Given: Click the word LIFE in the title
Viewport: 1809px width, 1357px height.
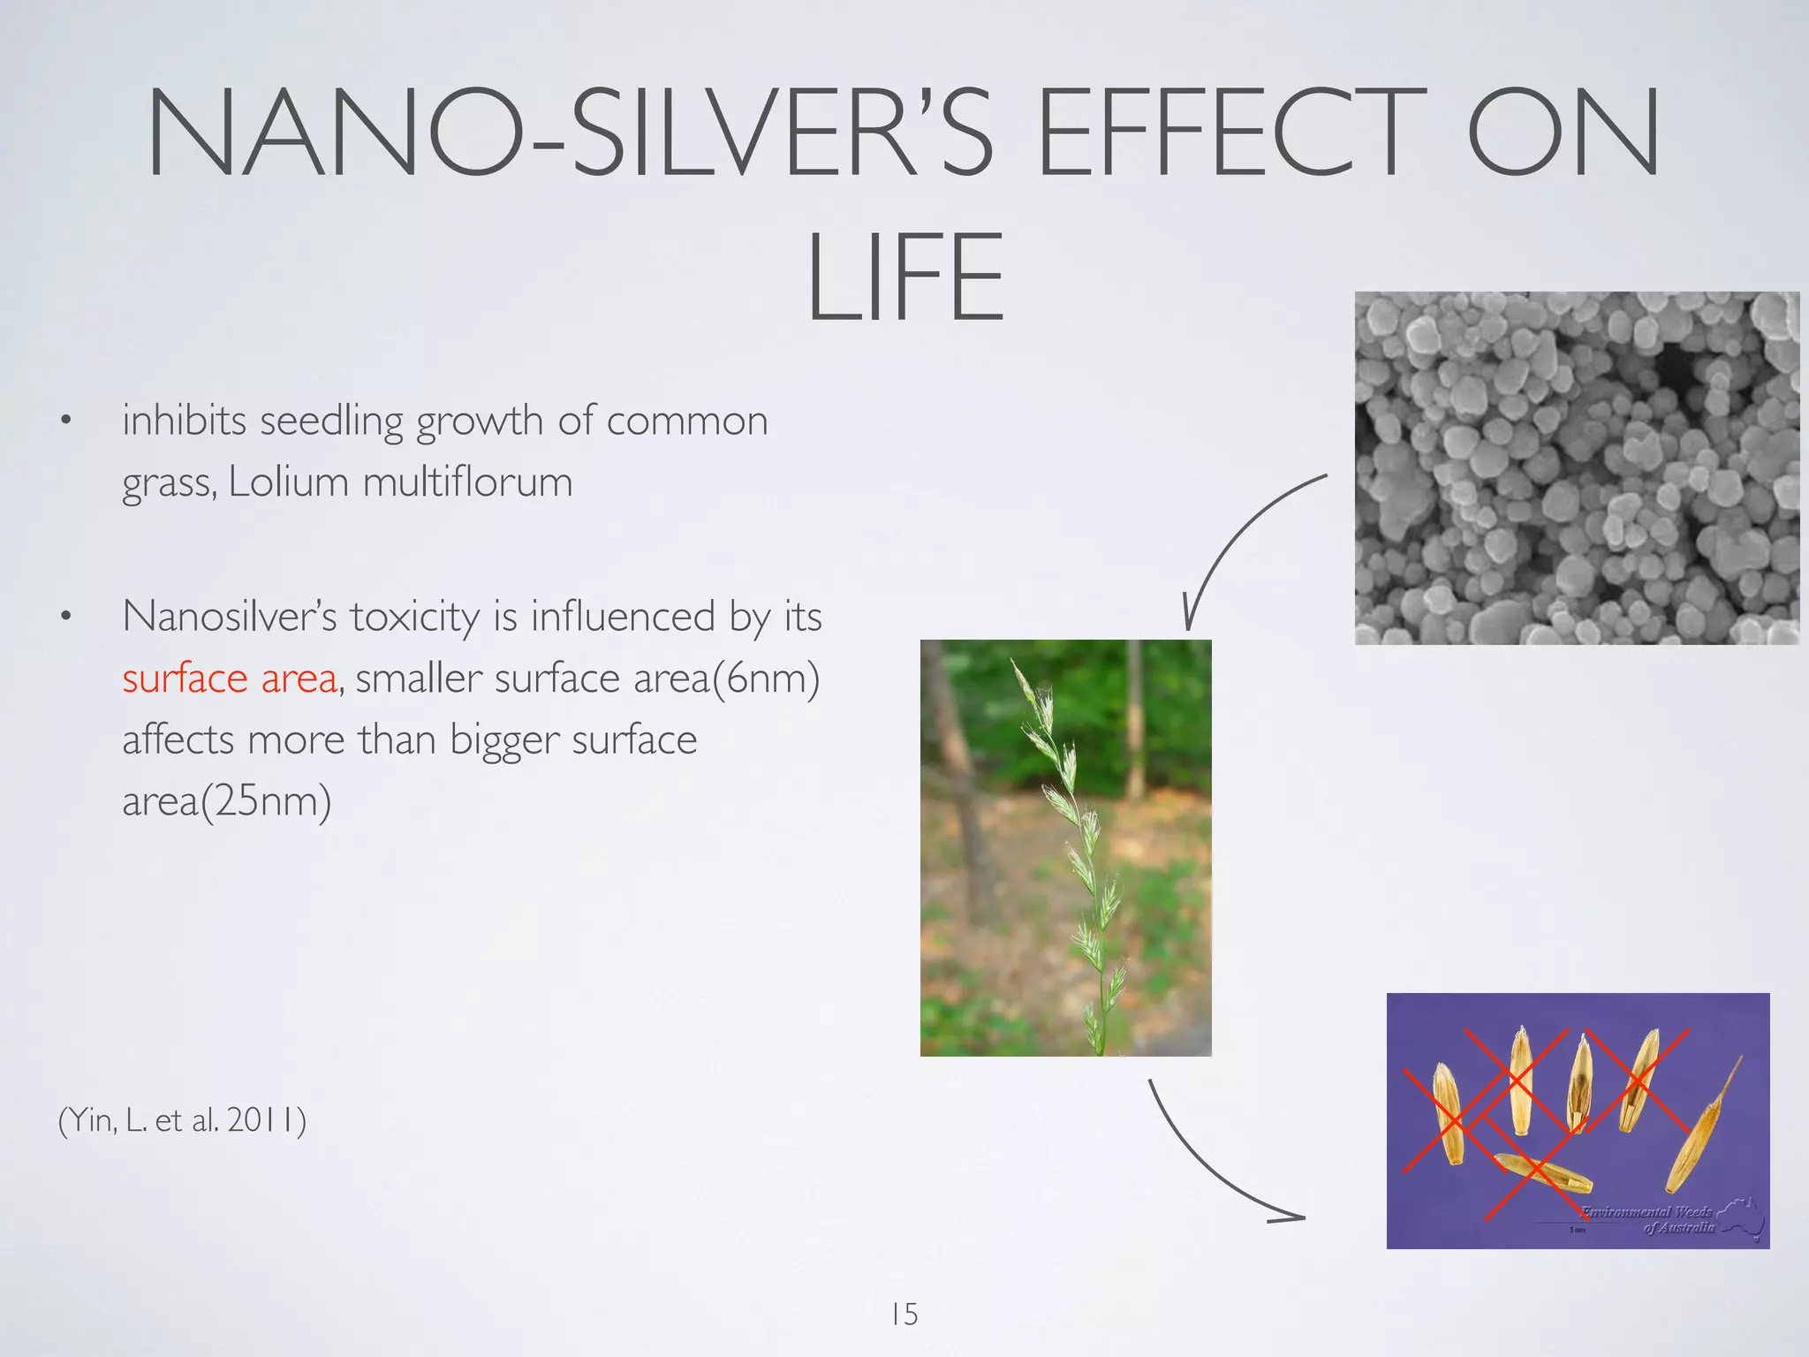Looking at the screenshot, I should [905, 277].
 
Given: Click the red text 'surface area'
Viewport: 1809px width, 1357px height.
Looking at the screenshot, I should [230, 678].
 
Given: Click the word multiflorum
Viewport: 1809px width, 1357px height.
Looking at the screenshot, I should [467, 482].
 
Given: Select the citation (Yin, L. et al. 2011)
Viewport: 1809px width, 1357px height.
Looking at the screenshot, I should [182, 1120].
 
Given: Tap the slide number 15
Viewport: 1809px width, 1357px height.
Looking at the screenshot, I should [904, 1315].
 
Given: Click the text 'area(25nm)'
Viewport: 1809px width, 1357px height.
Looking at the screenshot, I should [227, 801].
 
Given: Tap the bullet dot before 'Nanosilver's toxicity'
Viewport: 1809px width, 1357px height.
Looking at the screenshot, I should [64, 618].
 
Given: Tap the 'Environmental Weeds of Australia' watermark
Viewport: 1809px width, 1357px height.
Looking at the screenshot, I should [1661, 1220].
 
